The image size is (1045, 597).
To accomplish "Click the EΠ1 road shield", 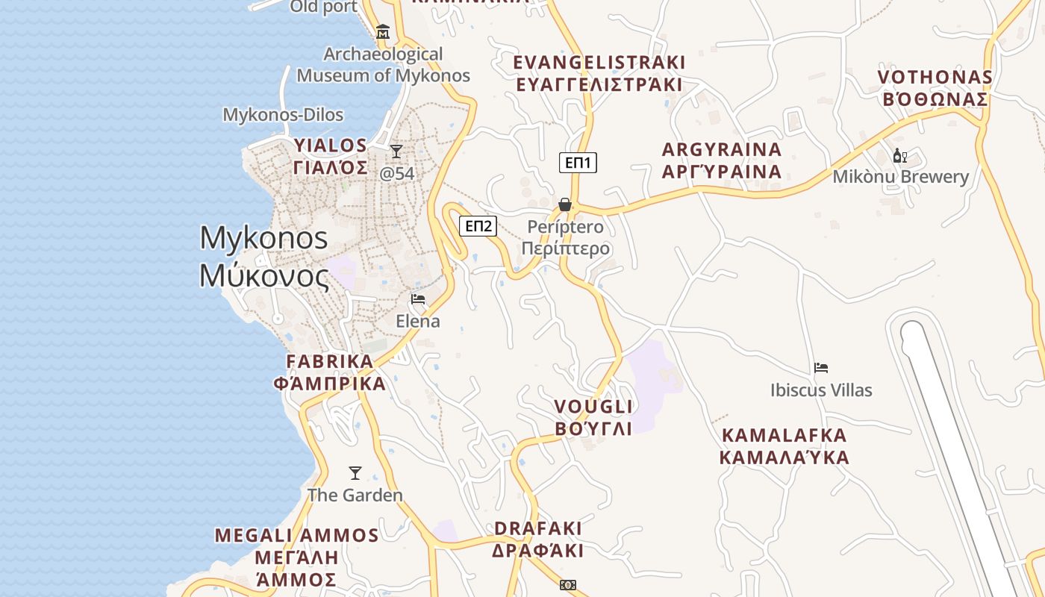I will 578,162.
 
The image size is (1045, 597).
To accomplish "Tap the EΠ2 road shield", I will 478,225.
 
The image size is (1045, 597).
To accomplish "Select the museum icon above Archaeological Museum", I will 383,31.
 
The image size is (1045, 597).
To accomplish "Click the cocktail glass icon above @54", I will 396,151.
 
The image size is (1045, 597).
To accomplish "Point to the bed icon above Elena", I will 418,299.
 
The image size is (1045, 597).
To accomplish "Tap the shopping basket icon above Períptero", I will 565,204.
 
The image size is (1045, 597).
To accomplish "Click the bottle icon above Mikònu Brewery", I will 900,155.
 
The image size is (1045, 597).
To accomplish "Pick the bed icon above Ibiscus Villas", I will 821,368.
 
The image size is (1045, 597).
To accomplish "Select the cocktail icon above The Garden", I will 355,473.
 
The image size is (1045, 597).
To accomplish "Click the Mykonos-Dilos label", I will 283,115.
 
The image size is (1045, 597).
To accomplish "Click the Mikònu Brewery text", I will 901,177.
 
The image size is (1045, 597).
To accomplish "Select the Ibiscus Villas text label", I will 821,390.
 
